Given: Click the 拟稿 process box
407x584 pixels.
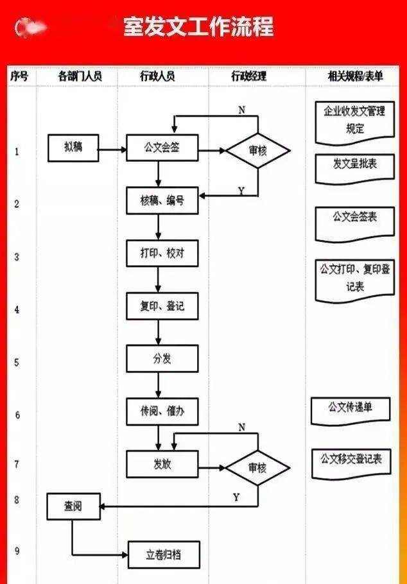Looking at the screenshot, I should coord(73,148).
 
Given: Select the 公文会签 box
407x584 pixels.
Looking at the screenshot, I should coord(162,148).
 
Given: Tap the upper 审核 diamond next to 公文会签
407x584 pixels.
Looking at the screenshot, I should coord(257,151).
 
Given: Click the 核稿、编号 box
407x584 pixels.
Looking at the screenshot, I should coord(162,201).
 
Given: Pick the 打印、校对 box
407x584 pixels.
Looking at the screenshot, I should coord(162,253).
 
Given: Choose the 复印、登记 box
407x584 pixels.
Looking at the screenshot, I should coord(162,306).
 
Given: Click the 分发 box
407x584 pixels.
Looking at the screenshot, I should coord(162,359).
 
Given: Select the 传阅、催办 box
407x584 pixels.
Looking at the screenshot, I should coord(162,411).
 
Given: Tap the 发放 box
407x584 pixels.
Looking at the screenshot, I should coord(162,464).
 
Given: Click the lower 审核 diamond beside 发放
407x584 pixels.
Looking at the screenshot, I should coord(257,468).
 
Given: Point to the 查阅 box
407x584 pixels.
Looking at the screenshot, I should coord(73,506).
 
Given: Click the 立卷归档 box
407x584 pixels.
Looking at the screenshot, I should coord(163,555).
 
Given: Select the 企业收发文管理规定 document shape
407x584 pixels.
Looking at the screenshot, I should coord(354,121).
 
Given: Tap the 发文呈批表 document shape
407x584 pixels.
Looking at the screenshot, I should coord(354,165).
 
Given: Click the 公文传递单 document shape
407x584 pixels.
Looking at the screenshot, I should coord(350,408).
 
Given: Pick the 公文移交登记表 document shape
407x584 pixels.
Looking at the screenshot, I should coord(351,460).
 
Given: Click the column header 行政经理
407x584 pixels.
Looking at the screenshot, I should coord(248,76).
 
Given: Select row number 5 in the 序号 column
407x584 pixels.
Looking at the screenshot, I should coord(17,362).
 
